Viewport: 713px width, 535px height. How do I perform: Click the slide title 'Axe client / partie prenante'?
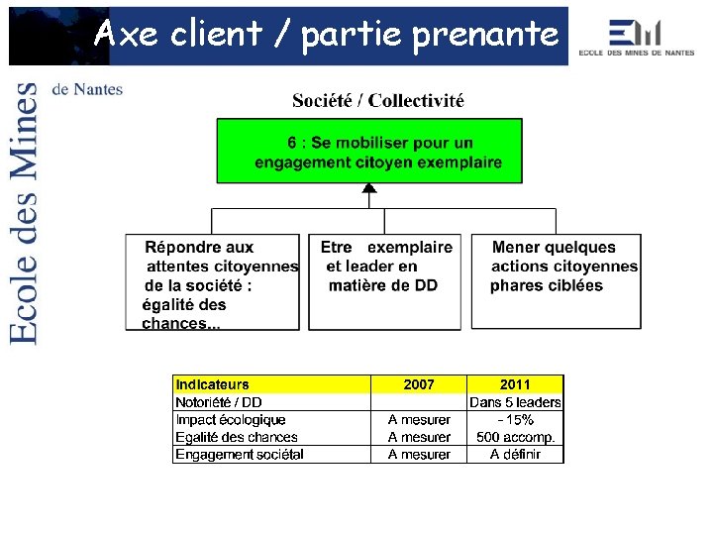click(x=326, y=35)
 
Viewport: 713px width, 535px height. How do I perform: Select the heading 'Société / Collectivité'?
click(x=378, y=100)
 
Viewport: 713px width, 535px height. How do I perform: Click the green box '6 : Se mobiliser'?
click(x=369, y=152)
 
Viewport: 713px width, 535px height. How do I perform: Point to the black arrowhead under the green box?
click(x=369, y=188)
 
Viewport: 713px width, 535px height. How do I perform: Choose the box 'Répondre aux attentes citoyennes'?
click(x=213, y=282)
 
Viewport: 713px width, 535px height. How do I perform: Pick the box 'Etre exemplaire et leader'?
click(x=384, y=282)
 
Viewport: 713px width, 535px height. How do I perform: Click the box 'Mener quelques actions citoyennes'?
click(x=556, y=282)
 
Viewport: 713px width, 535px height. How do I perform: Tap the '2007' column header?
click(x=419, y=384)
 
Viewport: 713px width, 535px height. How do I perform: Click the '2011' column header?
click(x=515, y=384)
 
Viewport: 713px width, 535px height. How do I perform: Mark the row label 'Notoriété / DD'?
click(x=219, y=402)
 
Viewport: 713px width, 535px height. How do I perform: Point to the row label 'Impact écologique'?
click(x=231, y=420)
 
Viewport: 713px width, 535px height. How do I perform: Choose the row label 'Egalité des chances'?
click(x=237, y=437)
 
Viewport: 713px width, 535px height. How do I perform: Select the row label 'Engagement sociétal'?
click(x=240, y=455)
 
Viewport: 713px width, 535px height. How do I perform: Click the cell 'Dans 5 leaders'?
click(x=515, y=402)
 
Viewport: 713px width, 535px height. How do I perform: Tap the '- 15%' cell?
click(x=515, y=420)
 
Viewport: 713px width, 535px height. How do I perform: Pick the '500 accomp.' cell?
click(x=515, y=437)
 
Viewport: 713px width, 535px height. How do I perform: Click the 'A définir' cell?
click(x=515, y=455)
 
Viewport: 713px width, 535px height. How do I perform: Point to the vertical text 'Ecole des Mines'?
click(x=25, y=213)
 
